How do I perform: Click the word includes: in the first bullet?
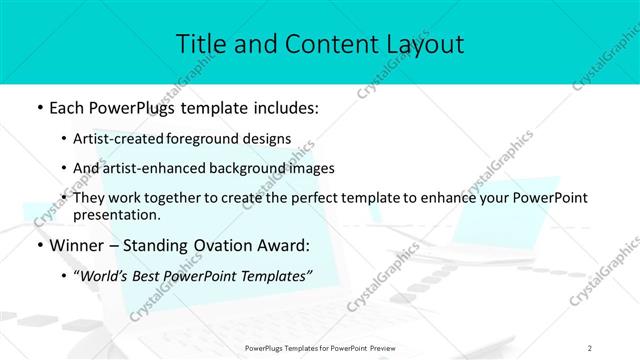tap(280, 107)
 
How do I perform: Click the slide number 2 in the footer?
tap(590, 347)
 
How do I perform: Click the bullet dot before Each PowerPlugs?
tap(38, 108)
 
